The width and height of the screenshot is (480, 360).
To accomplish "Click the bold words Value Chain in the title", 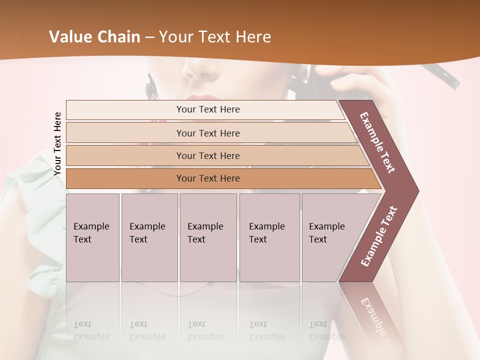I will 94,37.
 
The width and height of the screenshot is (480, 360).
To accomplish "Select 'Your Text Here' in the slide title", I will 215,37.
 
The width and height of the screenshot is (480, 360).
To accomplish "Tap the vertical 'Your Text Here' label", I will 57,143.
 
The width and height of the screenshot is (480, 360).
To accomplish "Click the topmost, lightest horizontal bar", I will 207,109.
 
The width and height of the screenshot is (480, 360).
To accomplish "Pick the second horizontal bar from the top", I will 207,133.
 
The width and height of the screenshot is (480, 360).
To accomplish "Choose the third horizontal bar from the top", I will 207,155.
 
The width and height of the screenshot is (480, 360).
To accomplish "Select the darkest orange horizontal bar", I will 207,178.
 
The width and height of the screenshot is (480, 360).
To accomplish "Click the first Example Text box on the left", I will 92,237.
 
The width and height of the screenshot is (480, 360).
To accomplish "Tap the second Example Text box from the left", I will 149,237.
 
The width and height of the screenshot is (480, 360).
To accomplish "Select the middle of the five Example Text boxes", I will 208,237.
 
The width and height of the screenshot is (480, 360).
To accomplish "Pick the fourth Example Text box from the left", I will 269,237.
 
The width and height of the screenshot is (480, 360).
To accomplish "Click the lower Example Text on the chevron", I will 378,236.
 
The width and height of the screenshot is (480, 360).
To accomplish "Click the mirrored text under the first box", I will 91,330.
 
